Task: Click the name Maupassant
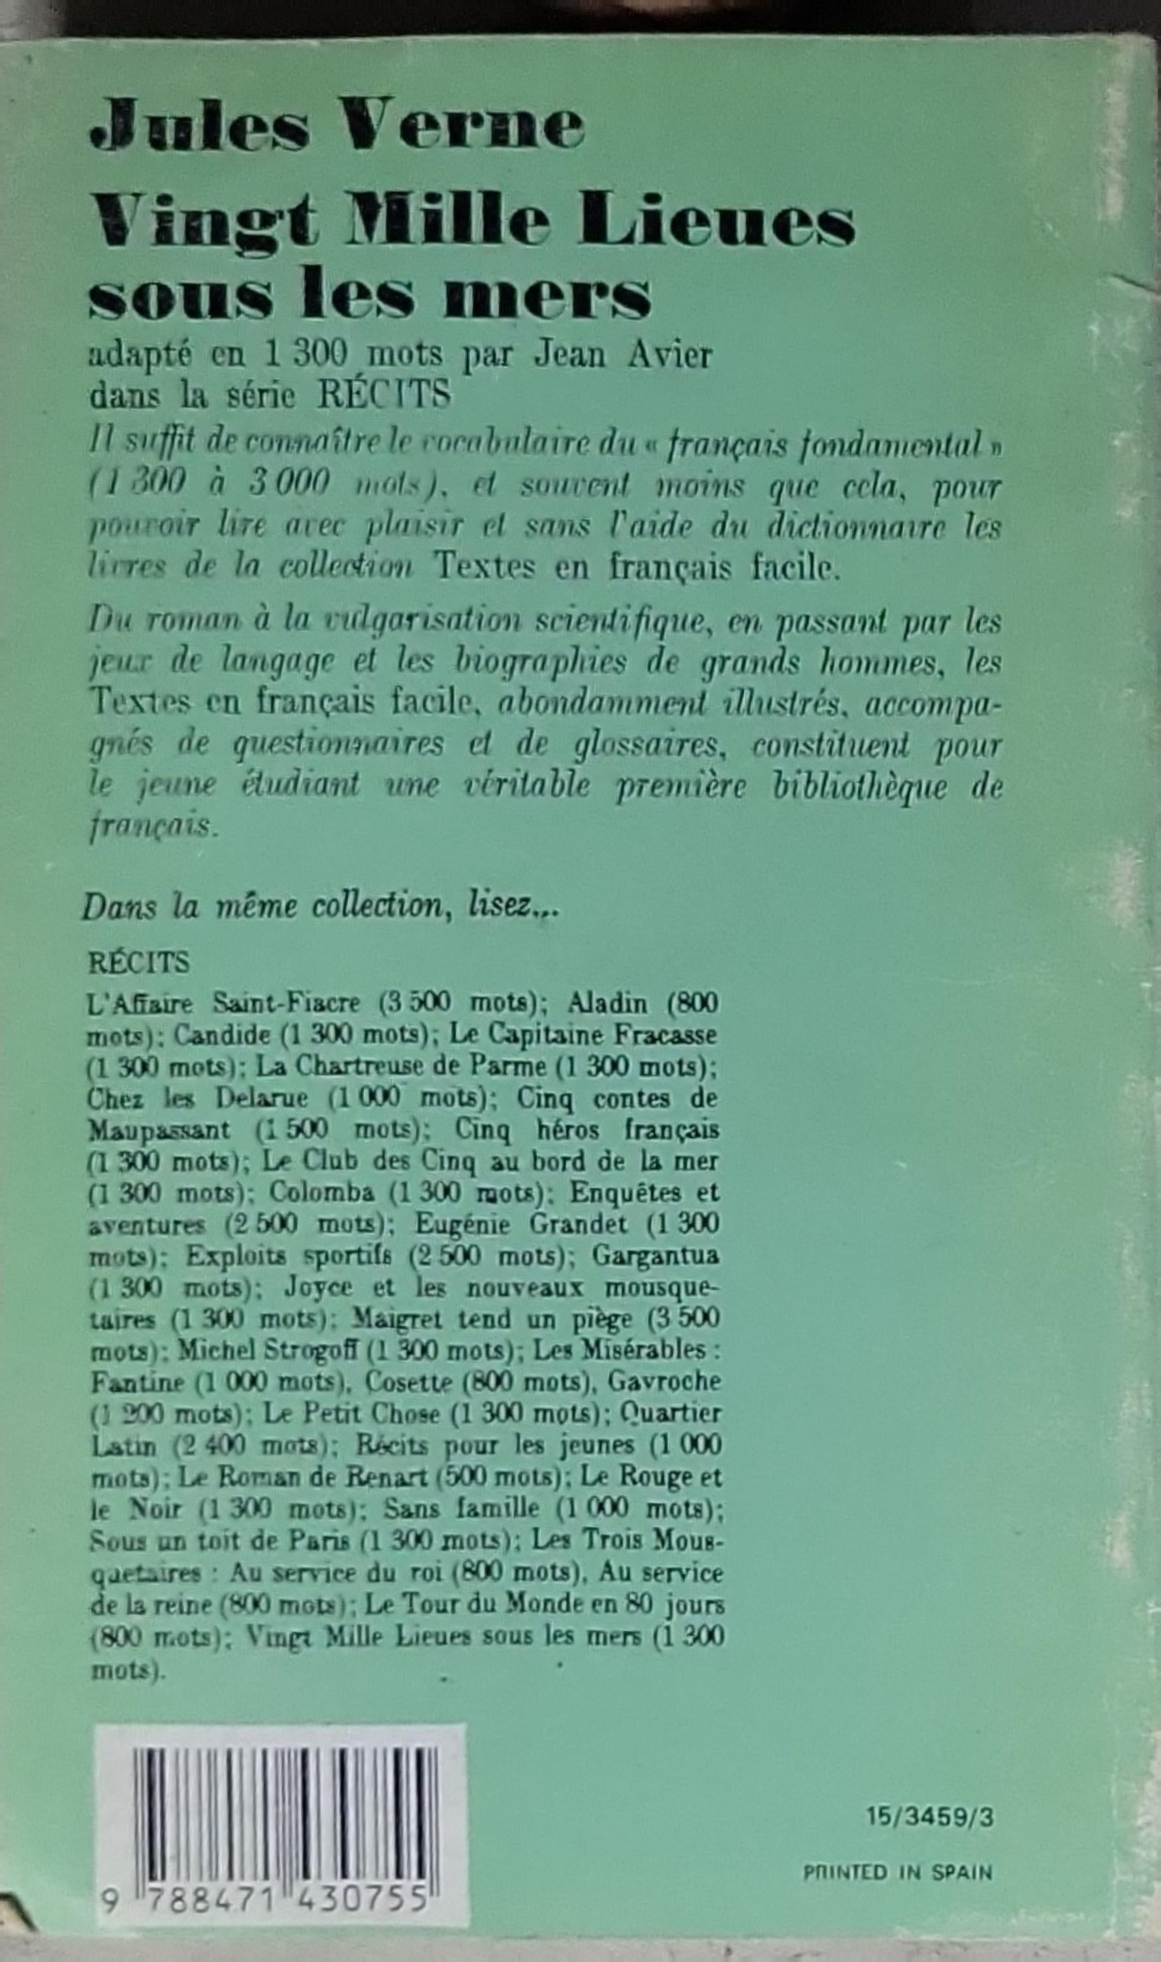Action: pos(161,1130)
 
